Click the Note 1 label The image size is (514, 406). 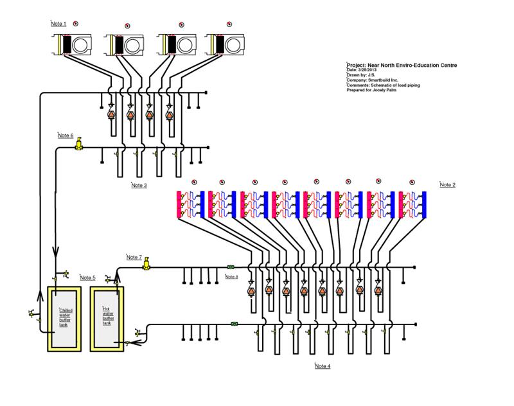[58, 24]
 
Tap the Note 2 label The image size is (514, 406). [448, 185]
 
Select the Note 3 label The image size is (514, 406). [139, 186]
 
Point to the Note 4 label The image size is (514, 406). [323, 366]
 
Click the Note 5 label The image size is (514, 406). [87, 278]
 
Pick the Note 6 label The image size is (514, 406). [66, 136]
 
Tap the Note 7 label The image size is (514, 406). [134, 257]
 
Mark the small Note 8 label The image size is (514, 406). [231, 277]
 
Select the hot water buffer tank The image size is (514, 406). [108, 318]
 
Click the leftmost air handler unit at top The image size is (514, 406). [76, 44]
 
